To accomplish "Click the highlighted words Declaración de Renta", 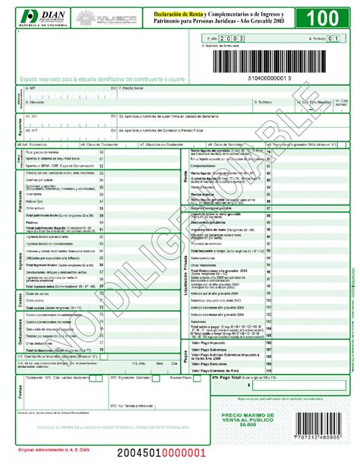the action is (184, 14).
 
